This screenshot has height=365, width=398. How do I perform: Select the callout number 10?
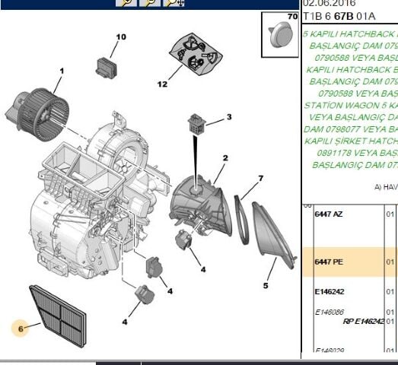click(120, 36)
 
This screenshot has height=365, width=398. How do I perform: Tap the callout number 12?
click(161, 84)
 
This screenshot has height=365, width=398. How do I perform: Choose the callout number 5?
click(266, 286)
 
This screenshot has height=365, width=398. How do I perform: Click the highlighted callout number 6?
click(21, 328)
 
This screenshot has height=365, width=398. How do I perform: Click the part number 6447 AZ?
click(328, 214)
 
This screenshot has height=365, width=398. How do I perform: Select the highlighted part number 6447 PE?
click(328, 262)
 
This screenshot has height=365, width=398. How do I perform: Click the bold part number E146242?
click(330, 291)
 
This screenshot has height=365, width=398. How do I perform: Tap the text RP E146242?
click(363, 321)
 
